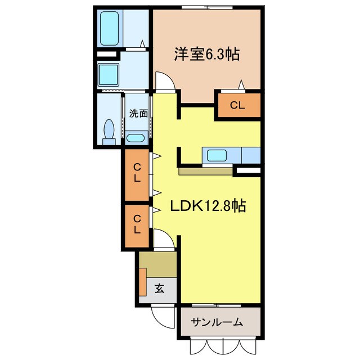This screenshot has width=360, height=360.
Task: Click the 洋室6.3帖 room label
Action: click(206, 55)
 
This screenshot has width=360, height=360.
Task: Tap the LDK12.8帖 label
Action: click(208, 206)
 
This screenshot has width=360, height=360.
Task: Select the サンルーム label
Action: click(217, 322)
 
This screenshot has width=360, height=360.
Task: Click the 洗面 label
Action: click(138, 112)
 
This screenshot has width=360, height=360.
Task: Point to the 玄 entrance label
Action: click(159, 290)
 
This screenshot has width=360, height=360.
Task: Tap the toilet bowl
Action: click(109, 130)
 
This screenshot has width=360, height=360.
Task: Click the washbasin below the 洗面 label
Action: click(135, 138)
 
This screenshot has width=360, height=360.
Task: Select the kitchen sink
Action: click(217, 155)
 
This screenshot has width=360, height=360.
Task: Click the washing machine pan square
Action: click(108, 73)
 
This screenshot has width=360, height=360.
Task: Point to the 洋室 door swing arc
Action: click(163, 81)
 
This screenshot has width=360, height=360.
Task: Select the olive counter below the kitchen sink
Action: click(205, 171)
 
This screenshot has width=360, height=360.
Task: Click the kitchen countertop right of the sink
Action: click(251, 155)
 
